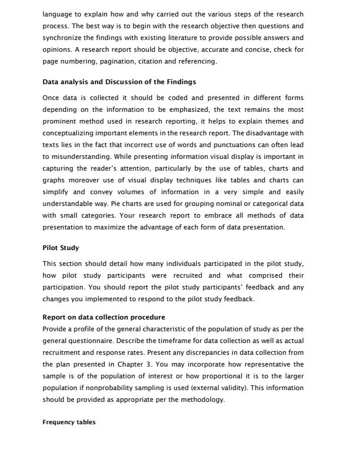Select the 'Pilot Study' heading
[x=61, y=248]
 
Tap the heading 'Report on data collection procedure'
[x=104, y=317]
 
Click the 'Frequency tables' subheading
[x=69, y=422]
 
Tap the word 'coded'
[x=151, y=98]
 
